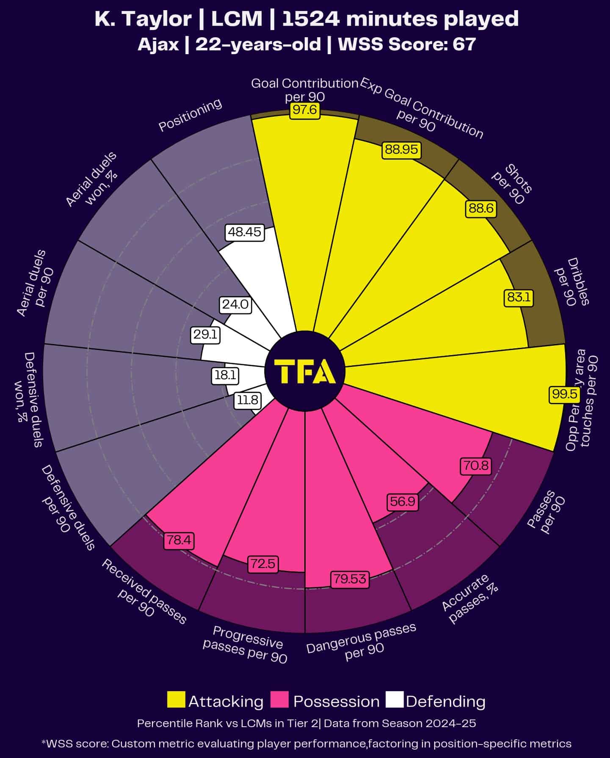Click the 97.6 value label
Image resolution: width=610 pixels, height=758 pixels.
pos(305,110)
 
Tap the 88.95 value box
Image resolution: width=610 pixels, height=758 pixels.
pos(401,150)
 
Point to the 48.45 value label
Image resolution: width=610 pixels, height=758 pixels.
pos(245,232)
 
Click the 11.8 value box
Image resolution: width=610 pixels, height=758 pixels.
pos(247,400)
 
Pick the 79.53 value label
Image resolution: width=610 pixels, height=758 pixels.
pos(349,579)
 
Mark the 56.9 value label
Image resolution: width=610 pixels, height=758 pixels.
pos(402,502)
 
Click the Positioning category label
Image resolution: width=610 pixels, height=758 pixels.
pos(190,115)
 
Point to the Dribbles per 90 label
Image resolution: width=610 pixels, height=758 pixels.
pos(571,282)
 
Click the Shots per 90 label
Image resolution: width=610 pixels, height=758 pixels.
pos(512,185)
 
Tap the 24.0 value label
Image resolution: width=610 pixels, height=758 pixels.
pos(235,305)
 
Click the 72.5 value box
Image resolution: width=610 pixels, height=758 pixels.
pos(263,564)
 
